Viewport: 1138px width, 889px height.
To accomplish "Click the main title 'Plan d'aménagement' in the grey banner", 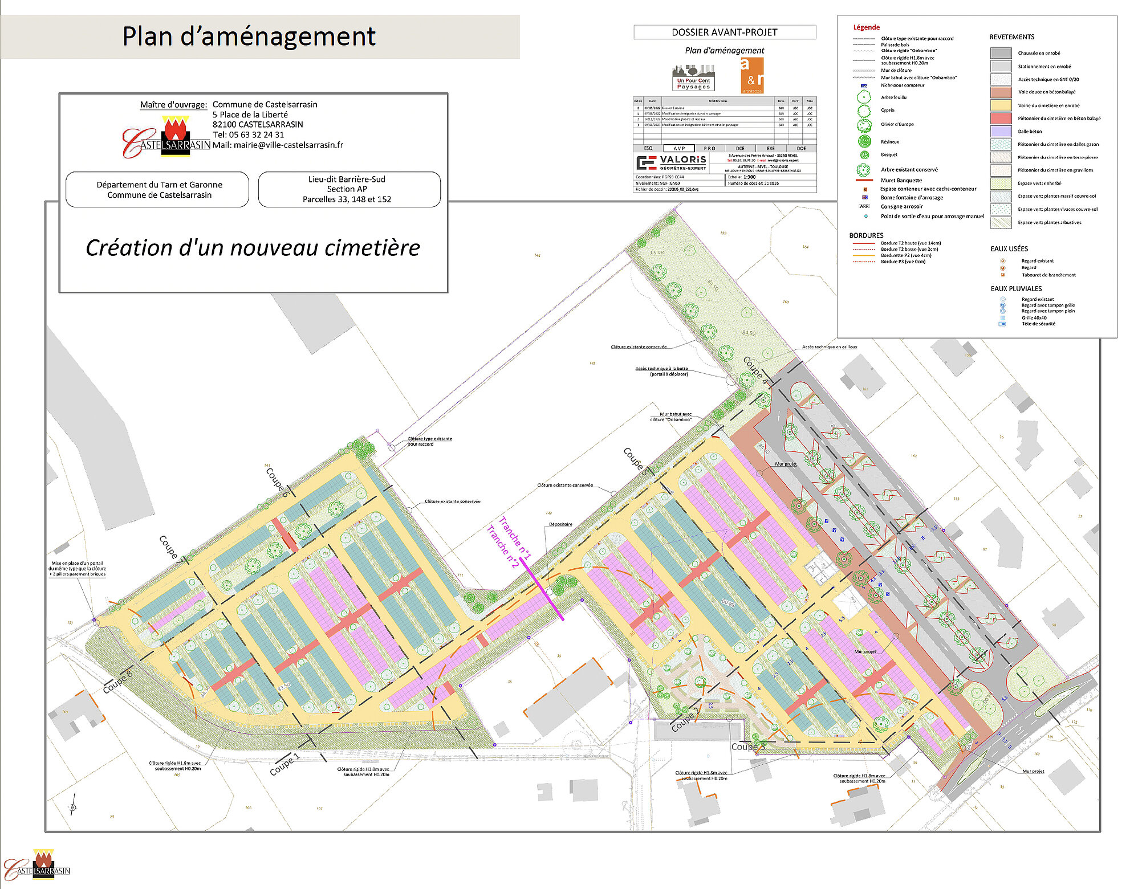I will [x=249, y=36].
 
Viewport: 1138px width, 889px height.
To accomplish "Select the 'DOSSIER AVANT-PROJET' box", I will [x=724, y=32].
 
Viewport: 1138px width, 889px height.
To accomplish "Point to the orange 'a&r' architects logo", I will [x=752, y=76].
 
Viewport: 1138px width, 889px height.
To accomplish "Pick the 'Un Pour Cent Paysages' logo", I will [x=693, y=78].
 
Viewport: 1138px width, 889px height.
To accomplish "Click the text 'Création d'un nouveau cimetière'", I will [x=253, y=248].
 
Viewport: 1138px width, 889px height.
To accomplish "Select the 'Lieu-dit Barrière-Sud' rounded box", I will [x=349, y=189].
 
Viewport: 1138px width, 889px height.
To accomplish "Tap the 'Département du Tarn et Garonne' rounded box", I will [x=158, y=190].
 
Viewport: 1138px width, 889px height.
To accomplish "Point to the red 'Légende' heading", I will [x=866, y=27].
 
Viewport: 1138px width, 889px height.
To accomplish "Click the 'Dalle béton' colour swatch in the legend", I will [x=1001, y=132].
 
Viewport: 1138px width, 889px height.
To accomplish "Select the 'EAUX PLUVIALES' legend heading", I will [x=1015, y=289].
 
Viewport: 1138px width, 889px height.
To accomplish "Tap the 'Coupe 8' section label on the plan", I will [x=117, y=682].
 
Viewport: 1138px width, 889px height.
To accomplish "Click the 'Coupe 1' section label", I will [x=284, y=765].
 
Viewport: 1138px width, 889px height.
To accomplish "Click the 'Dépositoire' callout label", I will [x=560, y=524].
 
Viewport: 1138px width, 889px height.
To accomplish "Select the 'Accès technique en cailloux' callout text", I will [x=829, y=346].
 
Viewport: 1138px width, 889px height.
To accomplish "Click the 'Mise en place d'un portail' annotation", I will [x=78, y=569].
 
